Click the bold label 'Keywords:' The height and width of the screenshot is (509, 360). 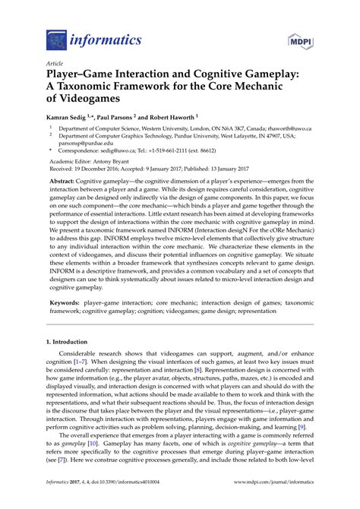coord(66,302)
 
